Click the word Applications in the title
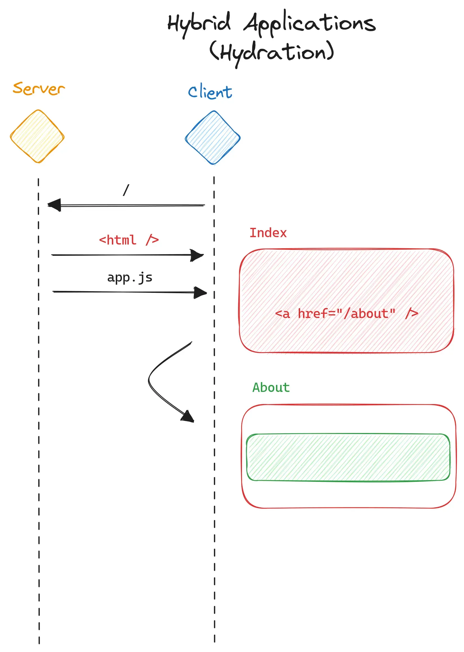pyautogui.click(x=310, y=23)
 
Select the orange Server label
pyautogui.click(x=39, y=88)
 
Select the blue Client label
pyautogui.click(x=210, y=92)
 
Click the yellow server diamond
pyautogui.click(x=37, y=136)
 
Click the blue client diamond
pyautogui.click(x=212, y=138)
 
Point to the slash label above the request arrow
pyautogui.click(x=126, y=190)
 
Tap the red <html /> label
pyautogui.click(x=128, y=240)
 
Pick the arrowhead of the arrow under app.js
pyautogui.click(x=200, y=293)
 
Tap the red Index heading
pyautogui.click(x=268, y=233)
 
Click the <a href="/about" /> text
pyautogui.click(x=346, y=314)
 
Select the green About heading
pyautogui.click(x=271, y=388)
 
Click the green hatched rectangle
pyautogui.click(x=348, y=457)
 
